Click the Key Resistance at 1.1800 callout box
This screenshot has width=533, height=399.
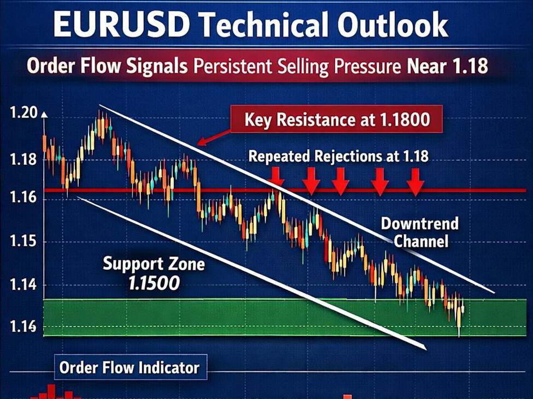pos(336,120)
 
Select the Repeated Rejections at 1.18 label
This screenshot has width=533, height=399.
pos(338,156)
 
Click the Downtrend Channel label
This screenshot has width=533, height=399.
pos(420,231)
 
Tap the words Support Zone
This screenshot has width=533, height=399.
pos(154,265)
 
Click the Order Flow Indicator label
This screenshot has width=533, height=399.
pos(129,367)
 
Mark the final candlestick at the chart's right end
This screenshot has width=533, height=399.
pos(463,309)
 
